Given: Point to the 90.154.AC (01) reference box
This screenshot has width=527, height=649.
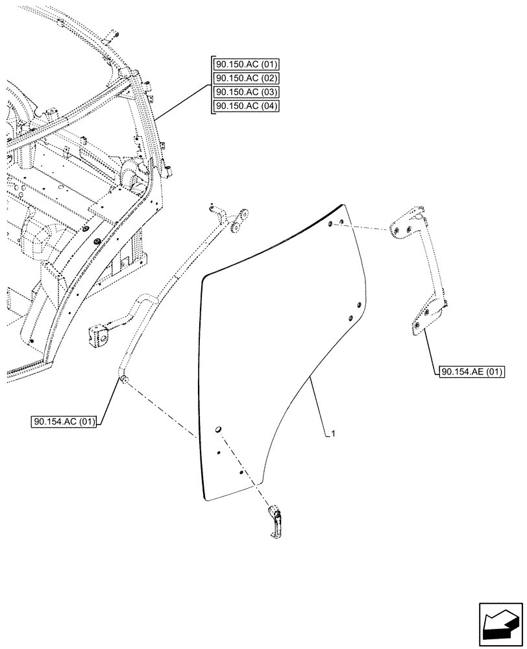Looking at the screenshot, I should click(x=64, y=422).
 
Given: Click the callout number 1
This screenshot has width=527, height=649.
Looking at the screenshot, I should click(x=333, y=434).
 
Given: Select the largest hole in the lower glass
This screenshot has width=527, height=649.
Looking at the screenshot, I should click(x=219, y=428).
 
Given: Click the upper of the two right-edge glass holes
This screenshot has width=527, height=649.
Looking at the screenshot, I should click(x=358, y=305).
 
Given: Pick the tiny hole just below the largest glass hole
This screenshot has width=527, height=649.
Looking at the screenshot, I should click(x=219, y=453).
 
